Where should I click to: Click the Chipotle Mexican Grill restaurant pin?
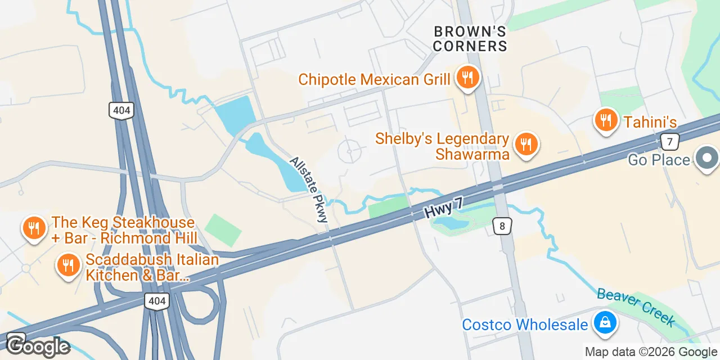pyautogui.click(x=467, y=78)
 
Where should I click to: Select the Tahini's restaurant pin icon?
pyautogui.click(x=606, y=120)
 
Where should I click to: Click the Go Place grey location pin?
pyautogui.click(x=707, y=159)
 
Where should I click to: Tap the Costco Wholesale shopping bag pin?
pyautogui.click(x=604, y=323)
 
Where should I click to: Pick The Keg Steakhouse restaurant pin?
pyautogui.click(x=34, y=228)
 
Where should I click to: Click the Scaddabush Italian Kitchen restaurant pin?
pyautogui.click(x=68, y=265)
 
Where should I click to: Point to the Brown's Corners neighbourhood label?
pyautogui.click(x=470, y=39)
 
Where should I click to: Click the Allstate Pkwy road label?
pyautogui.click(x=308, y=189)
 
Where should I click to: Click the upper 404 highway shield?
pyautogui.click(x=122, y=110)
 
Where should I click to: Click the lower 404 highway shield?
pyautogui.click(x=156, y=301)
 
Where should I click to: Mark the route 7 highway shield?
pyautogui.click(x=669, y=141)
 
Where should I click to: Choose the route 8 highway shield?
pyautogui.click(x=502, y=226)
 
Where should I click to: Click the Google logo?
pyautogui.click(x=38, y=345)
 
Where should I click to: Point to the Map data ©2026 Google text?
pyautogui.click(x=651, y=352)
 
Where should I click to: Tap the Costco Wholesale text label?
pyautogui.click(x=525, y=325)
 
